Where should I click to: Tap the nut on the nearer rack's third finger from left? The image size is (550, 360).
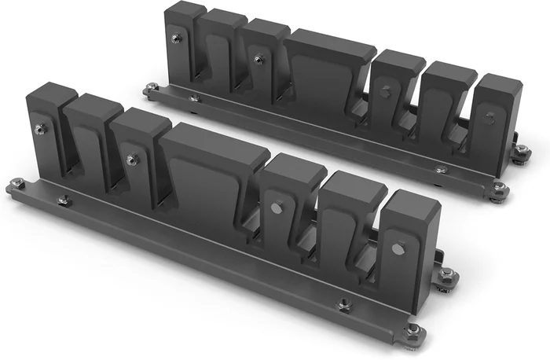[132, 160]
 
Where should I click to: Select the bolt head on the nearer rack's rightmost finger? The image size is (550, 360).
[398, 250]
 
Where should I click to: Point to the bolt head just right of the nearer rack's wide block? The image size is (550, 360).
[277, 208]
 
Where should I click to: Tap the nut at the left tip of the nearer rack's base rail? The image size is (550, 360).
[17, 184]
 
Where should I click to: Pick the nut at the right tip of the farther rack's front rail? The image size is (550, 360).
[498, 187]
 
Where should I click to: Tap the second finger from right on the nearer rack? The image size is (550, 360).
[346, 220]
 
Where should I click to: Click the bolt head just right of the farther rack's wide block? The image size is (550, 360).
[384, 91]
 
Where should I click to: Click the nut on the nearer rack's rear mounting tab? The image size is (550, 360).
[446, 274]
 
